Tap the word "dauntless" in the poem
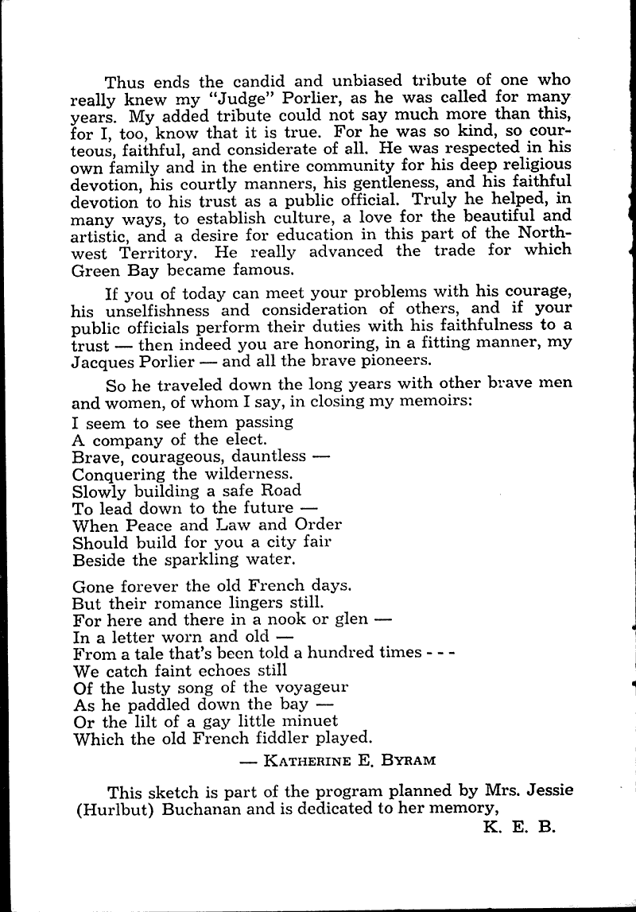point(270,456)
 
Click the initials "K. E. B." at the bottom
point(521,828)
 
